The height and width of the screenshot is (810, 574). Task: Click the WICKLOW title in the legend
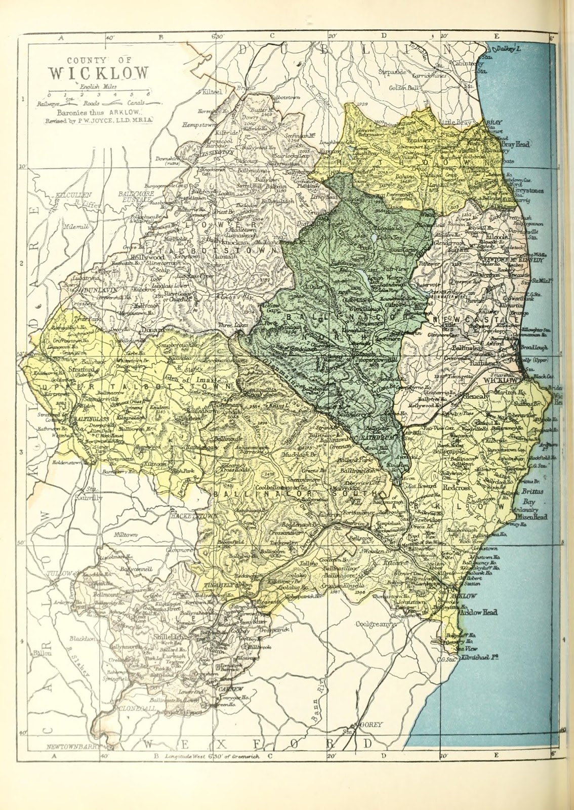(x=99, y=72)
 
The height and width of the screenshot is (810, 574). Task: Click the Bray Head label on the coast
(x=516, y=145)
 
